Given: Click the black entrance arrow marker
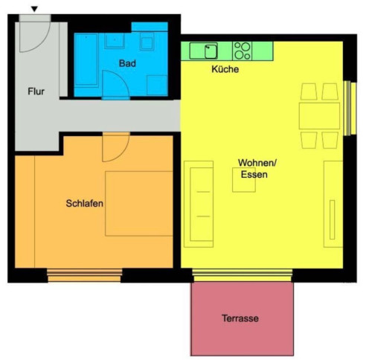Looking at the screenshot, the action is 34,9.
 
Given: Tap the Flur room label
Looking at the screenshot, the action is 36,91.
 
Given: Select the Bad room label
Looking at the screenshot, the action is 127,63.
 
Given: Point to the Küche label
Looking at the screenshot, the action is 225,69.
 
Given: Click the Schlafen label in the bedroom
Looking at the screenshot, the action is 84,203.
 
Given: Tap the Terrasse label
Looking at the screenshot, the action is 240,318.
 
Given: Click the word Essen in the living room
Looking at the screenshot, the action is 254,175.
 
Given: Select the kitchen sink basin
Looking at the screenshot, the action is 211,51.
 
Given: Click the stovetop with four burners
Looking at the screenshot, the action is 242,51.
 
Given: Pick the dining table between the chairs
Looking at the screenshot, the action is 319,116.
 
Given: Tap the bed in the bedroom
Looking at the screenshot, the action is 139,203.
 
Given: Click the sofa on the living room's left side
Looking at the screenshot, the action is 199,204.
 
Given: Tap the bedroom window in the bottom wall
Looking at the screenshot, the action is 84,275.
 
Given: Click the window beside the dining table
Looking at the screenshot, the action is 350,109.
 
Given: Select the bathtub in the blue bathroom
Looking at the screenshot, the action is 86,61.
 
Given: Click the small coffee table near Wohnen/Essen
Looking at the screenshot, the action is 244,180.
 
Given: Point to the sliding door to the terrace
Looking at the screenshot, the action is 243,275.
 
